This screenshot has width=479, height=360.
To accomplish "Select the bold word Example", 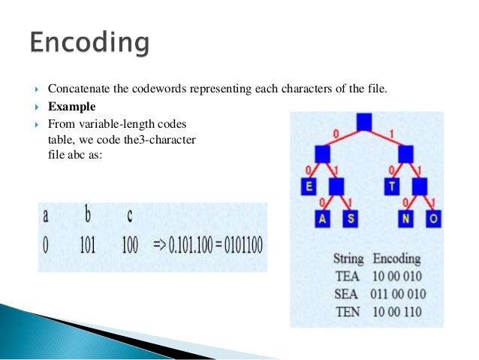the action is pos(72,106).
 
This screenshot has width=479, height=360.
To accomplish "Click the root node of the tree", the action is pos(364,123).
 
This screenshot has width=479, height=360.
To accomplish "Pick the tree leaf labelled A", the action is pos(323,219).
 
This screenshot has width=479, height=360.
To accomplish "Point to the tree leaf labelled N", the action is pos(406,219).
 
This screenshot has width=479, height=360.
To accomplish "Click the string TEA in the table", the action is pos(347,275).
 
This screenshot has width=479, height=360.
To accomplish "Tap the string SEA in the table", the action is pos(347,293).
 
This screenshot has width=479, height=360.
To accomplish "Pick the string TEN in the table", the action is pos(347,311).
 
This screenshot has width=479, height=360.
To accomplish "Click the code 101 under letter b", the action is pos(87,246).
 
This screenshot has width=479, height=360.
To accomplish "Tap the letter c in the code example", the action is pos(129,216).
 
